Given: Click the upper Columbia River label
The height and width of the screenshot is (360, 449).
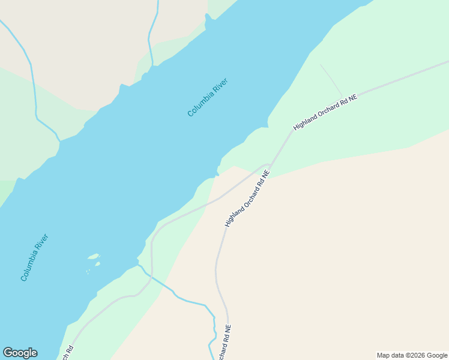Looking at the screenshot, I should tap(208, 97).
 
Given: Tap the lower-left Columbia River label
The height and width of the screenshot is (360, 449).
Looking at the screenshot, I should tap(34, 257).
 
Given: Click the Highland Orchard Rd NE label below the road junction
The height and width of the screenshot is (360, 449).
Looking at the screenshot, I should tap(247, 198).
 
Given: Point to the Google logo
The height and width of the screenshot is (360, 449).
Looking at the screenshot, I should tap(20, 353).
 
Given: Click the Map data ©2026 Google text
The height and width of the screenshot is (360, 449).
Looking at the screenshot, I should tap(412, 355).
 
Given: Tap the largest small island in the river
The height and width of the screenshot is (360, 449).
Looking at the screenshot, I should tap(93, 257).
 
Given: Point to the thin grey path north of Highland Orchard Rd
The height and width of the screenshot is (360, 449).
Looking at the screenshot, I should tap(331, 80).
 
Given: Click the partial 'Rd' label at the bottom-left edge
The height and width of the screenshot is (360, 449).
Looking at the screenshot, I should tap(68, 352).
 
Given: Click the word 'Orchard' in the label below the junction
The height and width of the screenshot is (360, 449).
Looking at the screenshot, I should tap(247, 197).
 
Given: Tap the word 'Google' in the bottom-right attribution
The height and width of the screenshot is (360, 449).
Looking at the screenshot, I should tap(437, 355).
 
